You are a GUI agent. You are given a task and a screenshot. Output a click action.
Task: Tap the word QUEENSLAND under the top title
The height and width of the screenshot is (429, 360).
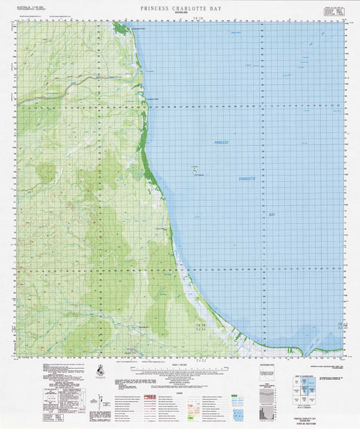click(179, 13)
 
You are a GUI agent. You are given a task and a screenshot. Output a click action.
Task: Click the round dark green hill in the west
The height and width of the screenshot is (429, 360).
click(47, 172)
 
